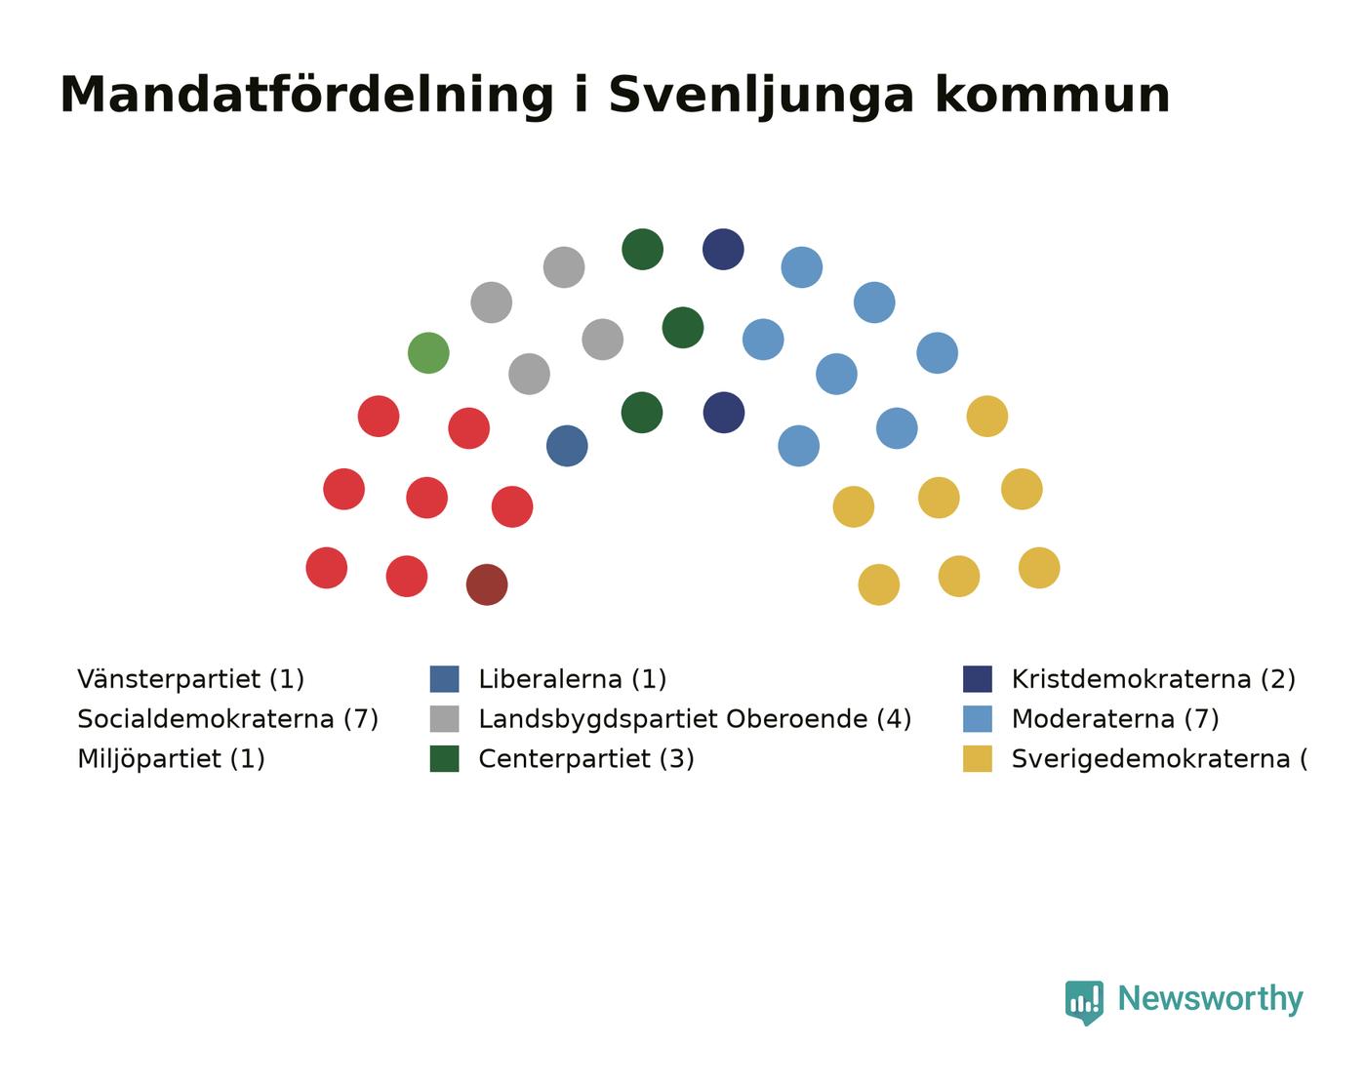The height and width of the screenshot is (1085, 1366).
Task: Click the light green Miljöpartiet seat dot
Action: (x=428, y=353)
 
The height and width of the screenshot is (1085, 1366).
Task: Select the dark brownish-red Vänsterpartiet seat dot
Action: (x=487, y=584)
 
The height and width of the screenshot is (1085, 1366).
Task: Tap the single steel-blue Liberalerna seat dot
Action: (x=567, y=446)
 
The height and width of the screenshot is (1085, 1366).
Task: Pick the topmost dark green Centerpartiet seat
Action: (x=642, y=250)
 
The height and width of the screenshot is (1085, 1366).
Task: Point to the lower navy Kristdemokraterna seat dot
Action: (x=724, y=413)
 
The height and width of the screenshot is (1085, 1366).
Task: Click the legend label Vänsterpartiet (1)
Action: (x=190, y=679)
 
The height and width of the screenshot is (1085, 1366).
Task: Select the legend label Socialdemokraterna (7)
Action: (x=228, y=719)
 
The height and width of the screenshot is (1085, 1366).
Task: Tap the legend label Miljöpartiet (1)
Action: (x=171, y=759)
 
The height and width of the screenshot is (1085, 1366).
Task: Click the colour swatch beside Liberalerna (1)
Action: (x=444, y=679)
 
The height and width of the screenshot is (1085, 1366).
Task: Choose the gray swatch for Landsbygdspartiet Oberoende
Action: (x=444, y=719)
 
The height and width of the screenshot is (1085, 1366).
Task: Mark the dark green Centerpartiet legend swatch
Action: (x=444, y=759)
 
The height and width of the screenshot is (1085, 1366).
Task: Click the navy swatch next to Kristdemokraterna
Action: (x=978, y=679)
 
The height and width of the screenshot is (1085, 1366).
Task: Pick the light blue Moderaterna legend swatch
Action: (x=978, y=719)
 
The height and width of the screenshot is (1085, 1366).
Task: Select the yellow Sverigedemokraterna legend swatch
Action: (x=978, y=759)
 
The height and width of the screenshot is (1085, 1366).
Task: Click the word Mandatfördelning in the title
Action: (x=307, y=96)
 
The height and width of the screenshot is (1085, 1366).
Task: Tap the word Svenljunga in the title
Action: (x=761, y=97)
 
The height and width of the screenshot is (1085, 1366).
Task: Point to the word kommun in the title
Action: (x=1053, y=96)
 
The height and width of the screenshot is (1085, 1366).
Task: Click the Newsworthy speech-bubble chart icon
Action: (x=1084, y=1002)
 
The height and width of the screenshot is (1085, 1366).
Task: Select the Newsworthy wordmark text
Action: (x=1211, y=999)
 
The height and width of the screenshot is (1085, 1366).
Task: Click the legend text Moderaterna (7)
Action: (x=1115, y=719)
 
